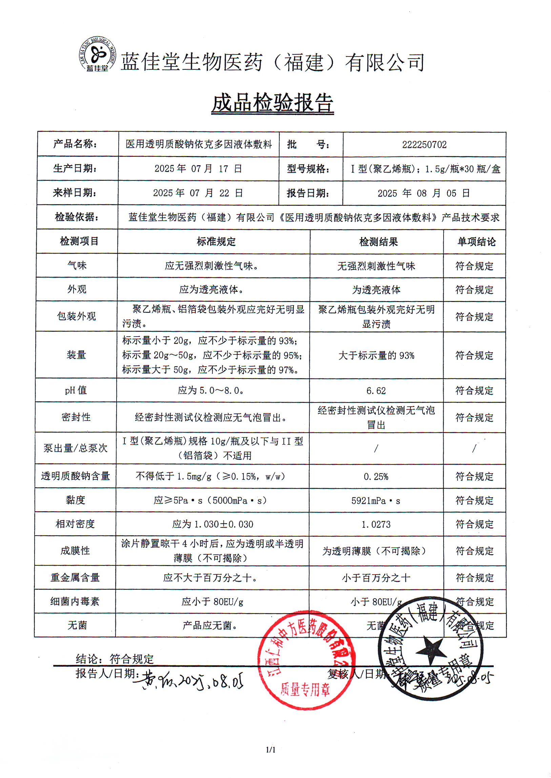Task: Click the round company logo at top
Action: [x=97, y=54]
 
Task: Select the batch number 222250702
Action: [x=424, y=145]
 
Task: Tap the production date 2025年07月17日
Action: [x=198, y=169]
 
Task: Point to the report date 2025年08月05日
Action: [x=424, y=193]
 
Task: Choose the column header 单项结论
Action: [x=476, y=242]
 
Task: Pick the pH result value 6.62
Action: [x=376, y=391]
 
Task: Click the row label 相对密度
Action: [x=75, y=524]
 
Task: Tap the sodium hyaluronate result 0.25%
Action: [x=375, y=477]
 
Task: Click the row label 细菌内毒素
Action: [x=75, y=601]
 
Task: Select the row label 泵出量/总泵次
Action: [x=75, y=449]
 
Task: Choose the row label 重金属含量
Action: [x=75, y=578]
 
